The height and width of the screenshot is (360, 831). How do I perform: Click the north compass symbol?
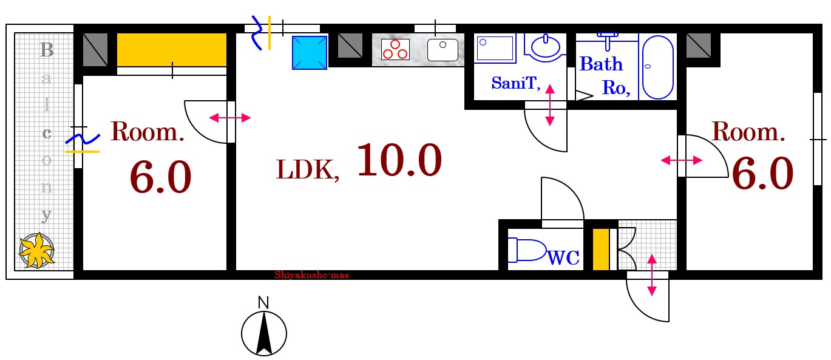pos(263,332)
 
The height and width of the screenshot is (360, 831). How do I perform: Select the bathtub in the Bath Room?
pos(657,67)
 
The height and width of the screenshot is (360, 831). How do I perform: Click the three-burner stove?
pos(395,49)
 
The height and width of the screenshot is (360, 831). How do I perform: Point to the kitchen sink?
pos(443,50)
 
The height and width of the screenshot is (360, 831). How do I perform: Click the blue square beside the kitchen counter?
pos(310,52)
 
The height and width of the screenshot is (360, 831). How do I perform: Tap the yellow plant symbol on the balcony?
pos(36,250)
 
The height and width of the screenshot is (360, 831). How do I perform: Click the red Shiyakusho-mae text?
pos(312,275)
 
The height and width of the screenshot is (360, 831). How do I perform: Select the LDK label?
pos(307,171)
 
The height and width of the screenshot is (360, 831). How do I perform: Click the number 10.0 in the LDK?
pos(399,160)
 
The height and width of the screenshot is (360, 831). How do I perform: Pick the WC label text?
pos(564,257)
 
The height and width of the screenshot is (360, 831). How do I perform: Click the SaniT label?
pos(516,83)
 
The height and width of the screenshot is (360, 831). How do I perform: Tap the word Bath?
pos(601,64)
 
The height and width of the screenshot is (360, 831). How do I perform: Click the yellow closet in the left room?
pos(171,49)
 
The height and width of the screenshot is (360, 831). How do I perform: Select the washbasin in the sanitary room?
pos(545,47)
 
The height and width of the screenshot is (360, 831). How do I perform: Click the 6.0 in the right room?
pos(762,173)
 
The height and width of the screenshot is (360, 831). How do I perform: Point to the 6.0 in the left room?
pos(160,177)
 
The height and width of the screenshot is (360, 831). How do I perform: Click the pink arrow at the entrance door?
pos(651,275)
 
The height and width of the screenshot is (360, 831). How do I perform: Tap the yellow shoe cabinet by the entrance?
pos(600,249)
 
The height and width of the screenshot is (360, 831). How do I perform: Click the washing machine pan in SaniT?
pos(495,48)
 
